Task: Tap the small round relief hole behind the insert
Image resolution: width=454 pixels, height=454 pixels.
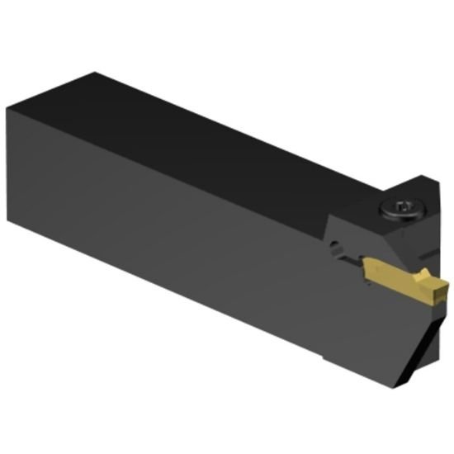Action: (x=336, y=245)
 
